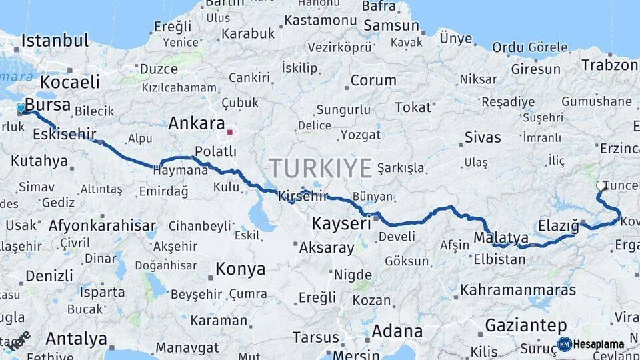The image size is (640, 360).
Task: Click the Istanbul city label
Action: click(55, 40)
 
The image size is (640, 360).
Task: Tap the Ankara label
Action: click(196, 123)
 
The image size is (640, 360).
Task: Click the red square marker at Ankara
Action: click(230, 132)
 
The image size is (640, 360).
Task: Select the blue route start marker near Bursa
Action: click(21, 107)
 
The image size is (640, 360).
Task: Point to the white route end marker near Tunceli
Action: click(601, 186)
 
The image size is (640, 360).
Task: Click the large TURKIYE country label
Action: click(320, 168)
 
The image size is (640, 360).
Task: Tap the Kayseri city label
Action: click(341, 223)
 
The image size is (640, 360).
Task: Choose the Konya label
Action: click(241, 269)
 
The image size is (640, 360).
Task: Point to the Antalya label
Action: click(77, 339)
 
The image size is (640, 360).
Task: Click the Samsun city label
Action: click(392, 27)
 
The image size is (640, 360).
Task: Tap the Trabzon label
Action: click(609, 65)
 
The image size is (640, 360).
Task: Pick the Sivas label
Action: click(482, 138)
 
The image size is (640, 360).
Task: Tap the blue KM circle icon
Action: click(565, 345)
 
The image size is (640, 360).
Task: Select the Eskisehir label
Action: click(63, 134)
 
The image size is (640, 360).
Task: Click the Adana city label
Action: click(397, 331)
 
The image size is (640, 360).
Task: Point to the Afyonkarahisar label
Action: click(101, 225)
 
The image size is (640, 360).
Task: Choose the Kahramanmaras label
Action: click(516, 291)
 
